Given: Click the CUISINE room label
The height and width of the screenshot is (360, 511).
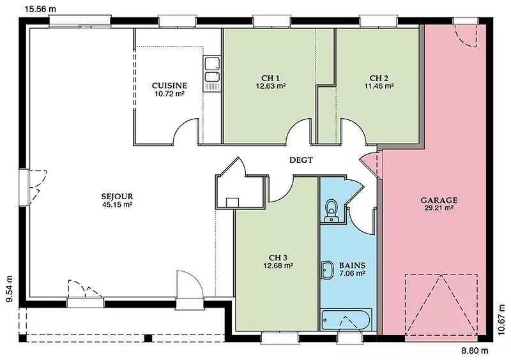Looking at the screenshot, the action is coord(169,86).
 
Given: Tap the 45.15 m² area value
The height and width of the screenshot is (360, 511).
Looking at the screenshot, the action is coord(117,205).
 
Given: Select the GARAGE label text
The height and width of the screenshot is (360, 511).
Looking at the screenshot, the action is coord(439,200).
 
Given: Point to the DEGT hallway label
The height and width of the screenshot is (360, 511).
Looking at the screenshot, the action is coord(301,160).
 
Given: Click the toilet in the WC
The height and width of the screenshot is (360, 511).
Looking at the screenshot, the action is coord(332,211).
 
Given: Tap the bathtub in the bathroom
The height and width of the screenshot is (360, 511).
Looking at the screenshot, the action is coord(346,320).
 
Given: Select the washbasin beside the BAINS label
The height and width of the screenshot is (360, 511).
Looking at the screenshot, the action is coord(327,270).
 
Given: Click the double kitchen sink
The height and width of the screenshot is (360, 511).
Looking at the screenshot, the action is coord(212,73).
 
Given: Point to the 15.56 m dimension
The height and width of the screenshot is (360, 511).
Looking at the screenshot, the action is coord(40,9).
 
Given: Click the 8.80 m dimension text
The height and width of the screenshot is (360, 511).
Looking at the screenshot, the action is coord(475,350).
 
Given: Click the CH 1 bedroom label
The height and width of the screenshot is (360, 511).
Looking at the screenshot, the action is coord(270,78).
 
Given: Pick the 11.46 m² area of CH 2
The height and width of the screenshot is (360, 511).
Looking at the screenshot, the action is coord(379,86).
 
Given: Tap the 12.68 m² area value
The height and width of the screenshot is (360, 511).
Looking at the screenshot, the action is coord(278,266).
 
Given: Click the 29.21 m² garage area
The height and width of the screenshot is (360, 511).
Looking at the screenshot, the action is coord(439,208).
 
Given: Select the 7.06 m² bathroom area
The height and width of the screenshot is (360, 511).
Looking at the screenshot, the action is coord(352,273).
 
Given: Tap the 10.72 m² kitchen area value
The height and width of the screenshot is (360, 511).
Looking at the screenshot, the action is coord(169,94).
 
